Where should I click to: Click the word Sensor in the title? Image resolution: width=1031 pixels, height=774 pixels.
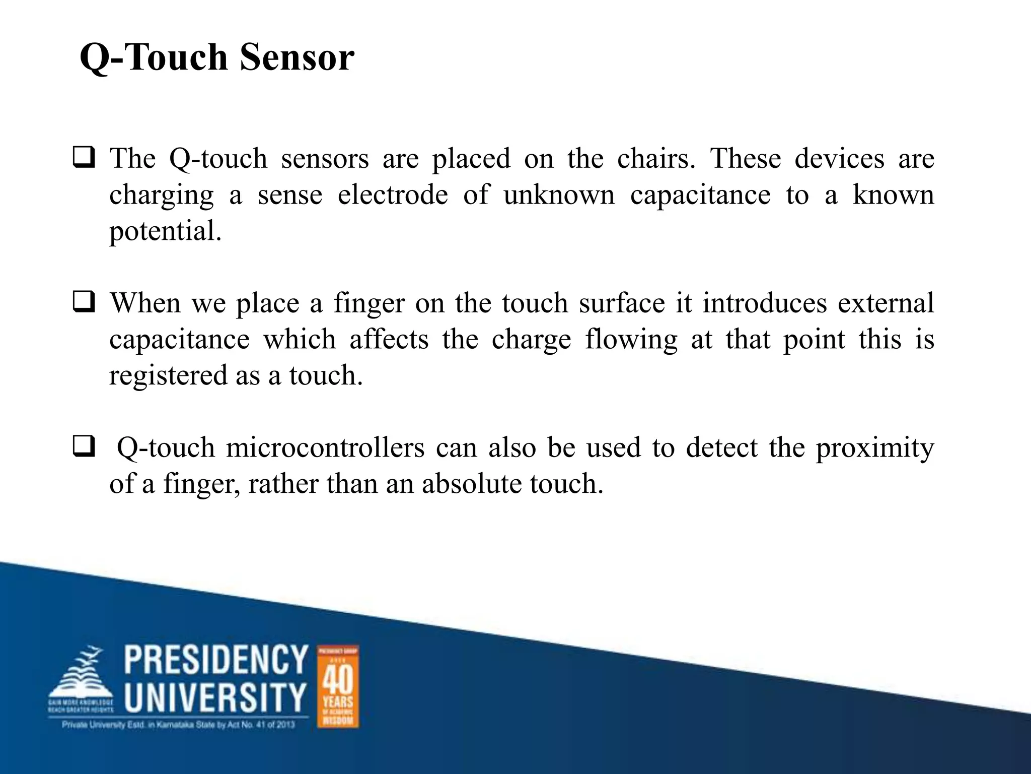pos(297,57)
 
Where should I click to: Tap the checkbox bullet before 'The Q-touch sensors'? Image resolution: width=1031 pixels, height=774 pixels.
pos(84,158)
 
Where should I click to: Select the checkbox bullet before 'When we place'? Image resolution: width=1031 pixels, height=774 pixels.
pos(84,302)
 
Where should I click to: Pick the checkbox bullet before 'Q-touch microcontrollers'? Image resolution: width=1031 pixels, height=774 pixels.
pos(84,447)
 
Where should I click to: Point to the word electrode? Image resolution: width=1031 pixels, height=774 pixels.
pos(393,195)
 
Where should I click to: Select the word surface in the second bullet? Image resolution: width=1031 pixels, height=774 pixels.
pos(622,303)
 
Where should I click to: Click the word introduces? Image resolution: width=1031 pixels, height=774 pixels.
pos(765,303)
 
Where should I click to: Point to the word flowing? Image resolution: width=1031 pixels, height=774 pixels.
pos(631,340)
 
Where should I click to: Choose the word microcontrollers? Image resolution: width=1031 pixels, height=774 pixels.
pos(325,448)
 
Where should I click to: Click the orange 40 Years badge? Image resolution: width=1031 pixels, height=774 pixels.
pos(338,686)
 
